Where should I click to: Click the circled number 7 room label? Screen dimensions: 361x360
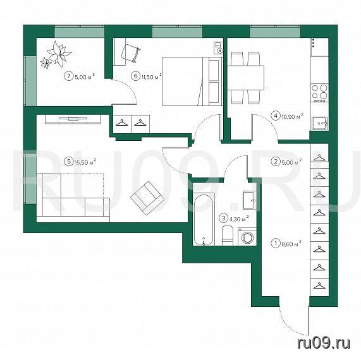[x=68, y=76]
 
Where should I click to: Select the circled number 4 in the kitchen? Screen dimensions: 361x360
[x=276, y=116]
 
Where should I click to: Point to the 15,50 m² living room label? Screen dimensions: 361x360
[x=85, y=162]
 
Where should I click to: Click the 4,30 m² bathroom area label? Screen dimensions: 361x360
[x=239, y=218]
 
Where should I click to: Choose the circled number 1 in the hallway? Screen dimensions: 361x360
[x=275, y=243]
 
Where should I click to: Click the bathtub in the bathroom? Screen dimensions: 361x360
[x=203, y=219]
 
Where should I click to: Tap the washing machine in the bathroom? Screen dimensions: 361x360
[x=247, y=237]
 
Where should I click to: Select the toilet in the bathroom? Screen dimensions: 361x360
[x=228, y=236]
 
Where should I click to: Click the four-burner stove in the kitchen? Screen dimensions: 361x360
[x=319, y=93]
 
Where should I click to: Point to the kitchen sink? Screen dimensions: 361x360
[x=320, y=124]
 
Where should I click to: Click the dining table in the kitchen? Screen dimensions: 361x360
[x=246, y=78]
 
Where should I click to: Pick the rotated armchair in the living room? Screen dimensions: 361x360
[x=147, y=198]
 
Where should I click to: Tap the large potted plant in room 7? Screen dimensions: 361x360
[x=59, y=54]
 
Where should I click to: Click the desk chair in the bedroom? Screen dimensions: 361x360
[x=130, y=53]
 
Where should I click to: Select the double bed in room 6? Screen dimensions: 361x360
[x=192, y=81]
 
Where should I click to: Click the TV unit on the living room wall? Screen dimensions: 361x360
[x=73, y=119]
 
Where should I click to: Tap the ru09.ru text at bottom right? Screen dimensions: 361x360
[x=324, y=343]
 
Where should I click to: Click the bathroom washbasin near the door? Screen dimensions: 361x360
[x=250, y=200]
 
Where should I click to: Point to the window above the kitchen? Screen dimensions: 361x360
[x=275, y=32]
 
